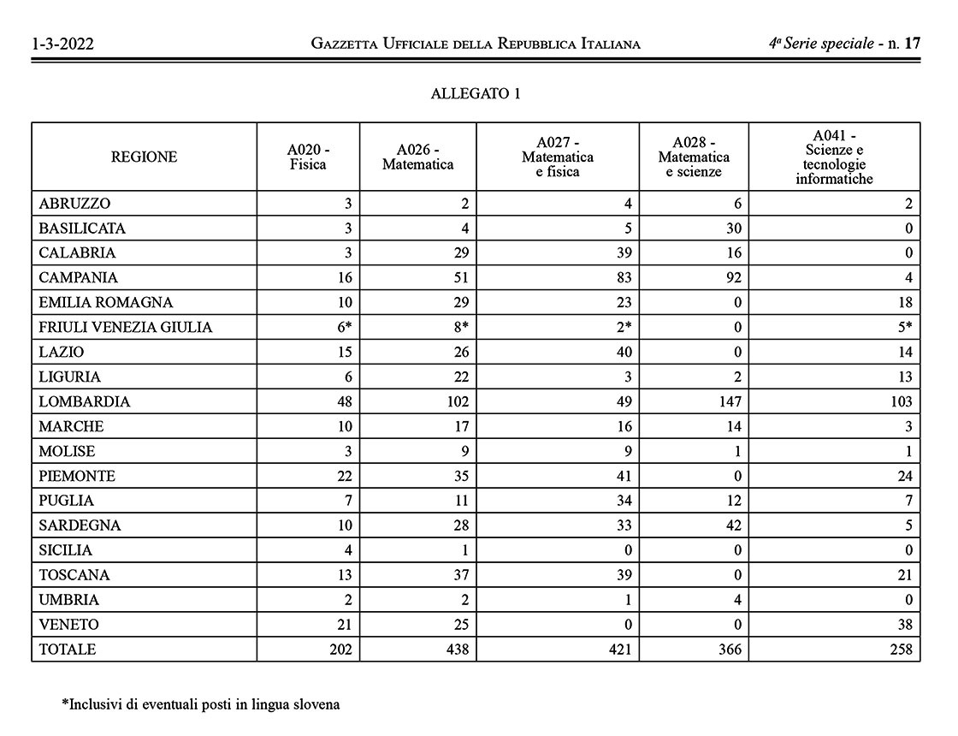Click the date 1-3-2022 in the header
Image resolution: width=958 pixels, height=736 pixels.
[x=62, y=44]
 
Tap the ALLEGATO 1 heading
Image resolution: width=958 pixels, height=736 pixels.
[x=476, y=94]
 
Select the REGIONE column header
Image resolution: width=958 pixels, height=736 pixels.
[x=144, y=157]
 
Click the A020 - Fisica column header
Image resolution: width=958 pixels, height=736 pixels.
[x=308, y=157]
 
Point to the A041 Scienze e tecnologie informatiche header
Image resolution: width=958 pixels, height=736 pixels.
[x=834, y=157]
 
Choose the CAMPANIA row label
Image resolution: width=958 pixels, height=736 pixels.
[x=79, y=278]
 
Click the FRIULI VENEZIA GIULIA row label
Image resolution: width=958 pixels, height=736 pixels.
[x=126, y=327]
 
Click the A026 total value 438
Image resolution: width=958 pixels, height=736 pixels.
[x=458, y=650]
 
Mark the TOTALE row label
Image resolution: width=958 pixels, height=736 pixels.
[x=68, y=650]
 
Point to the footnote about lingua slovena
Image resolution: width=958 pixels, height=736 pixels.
[x=201, y=705]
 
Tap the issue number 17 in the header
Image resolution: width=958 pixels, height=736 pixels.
[x=912, y=43]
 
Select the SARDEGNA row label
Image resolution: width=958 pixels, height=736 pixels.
[x=80, y=525]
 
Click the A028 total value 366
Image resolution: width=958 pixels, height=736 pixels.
[x=729, y=650]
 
